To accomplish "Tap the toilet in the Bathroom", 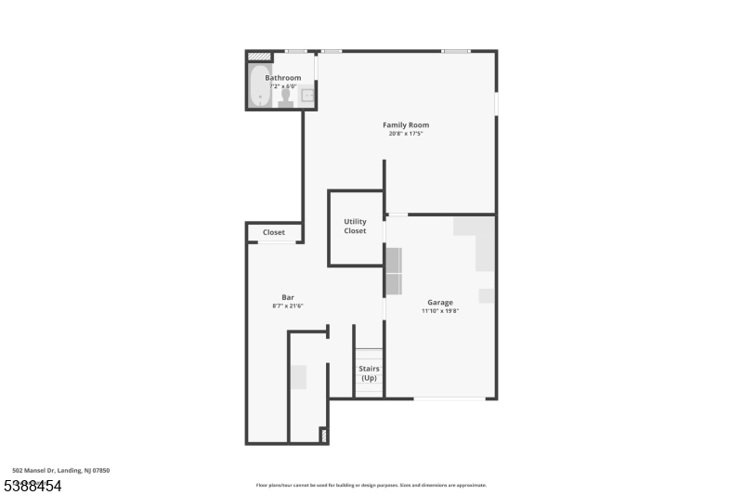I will pyautogui.click(x=286, y=97).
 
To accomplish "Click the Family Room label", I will pyautogui.click(x=406, y=124).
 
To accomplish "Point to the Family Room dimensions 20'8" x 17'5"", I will pyautogui.click(x=406, y=134).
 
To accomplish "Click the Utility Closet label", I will pyautogui.click(x=356, y=226).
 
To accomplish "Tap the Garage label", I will pyautogui.click(x=440, y=302).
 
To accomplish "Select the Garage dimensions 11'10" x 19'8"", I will pyautogui.click(x=440, y=311).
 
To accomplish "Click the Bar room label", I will pyautogui.click(x=288, y=297).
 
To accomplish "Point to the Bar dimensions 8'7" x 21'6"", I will pyautogui.click(x=288, y=306).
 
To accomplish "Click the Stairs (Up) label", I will pyautogui.click(x=369, y=373).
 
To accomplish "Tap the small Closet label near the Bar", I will pyautogui.click(x=274, y=232).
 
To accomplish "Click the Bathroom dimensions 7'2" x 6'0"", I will pyautogui.click(x=283, y=86).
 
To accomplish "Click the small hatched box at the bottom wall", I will pyautogui.click(x=323, y=434).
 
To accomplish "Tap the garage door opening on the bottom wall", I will pyautogui.click(x=449, y=398).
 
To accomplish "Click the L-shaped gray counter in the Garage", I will pyautogui.click(x=478, y=240).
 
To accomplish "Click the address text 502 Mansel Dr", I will pyautogui.click(x=61, y=471).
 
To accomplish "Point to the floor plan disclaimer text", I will pyautogui.click(x=371, y=485).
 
